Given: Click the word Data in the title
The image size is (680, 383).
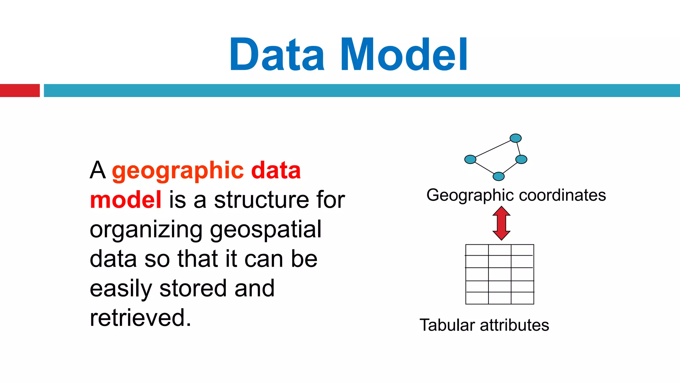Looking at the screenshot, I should [277, 55].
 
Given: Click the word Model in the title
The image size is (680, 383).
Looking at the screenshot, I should [404, 55].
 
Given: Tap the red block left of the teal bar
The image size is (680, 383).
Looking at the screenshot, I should [20, 90].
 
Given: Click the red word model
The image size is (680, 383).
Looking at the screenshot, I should [126, 200].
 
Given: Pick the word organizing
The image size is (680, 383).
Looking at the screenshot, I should [146, 230].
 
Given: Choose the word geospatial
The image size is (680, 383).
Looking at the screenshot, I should [266, 230].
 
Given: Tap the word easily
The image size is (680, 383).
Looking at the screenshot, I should [121, 289].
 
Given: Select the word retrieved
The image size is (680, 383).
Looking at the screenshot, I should [140, 318].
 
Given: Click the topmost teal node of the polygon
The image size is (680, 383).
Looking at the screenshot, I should [516, 138].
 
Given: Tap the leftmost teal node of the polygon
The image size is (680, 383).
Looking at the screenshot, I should [470, 160].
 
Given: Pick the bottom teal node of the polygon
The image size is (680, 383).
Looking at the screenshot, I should [498, 176].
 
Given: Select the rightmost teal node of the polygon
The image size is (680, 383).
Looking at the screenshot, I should [521, 160].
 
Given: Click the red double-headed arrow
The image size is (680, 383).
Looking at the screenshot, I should [501, 223].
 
